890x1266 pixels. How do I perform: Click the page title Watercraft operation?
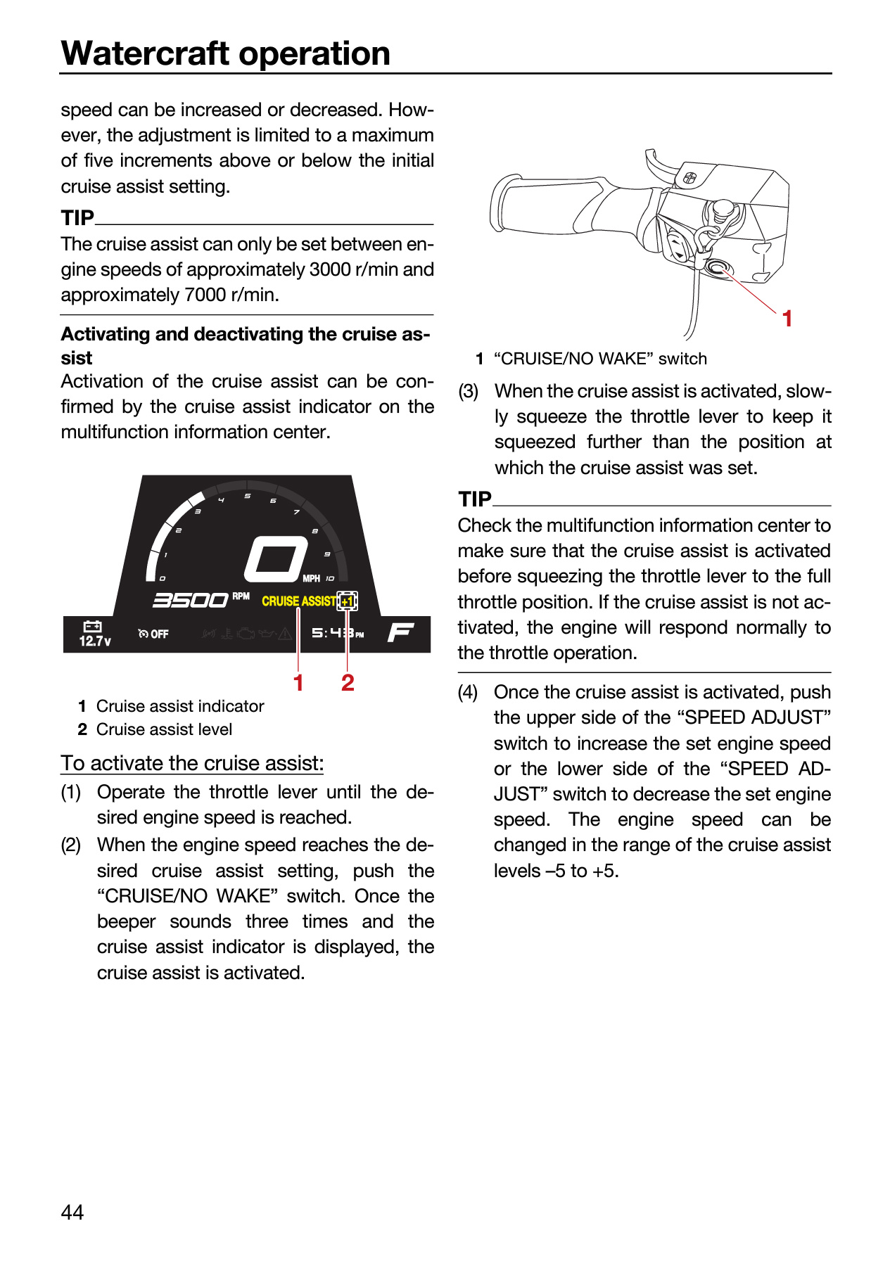coord(226,53)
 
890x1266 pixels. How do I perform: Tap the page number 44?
coord(72,1212)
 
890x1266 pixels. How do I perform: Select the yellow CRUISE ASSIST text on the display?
coord(299,601)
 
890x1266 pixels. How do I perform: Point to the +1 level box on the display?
coord(348,601)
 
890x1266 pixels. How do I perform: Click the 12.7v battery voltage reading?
coord(95,641)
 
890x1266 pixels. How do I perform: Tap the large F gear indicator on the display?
coord(400,632)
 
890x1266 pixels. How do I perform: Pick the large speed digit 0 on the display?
coord(276,560)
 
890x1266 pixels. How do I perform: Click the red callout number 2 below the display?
coord(348,682)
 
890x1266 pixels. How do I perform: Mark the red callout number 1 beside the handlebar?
coord(788,319)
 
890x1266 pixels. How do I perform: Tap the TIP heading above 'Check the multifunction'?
coord(475,499)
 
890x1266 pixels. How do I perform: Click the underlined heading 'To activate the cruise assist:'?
coord(192,763)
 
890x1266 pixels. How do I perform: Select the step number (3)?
coord(469,391)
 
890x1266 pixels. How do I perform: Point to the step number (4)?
coord(469,692)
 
